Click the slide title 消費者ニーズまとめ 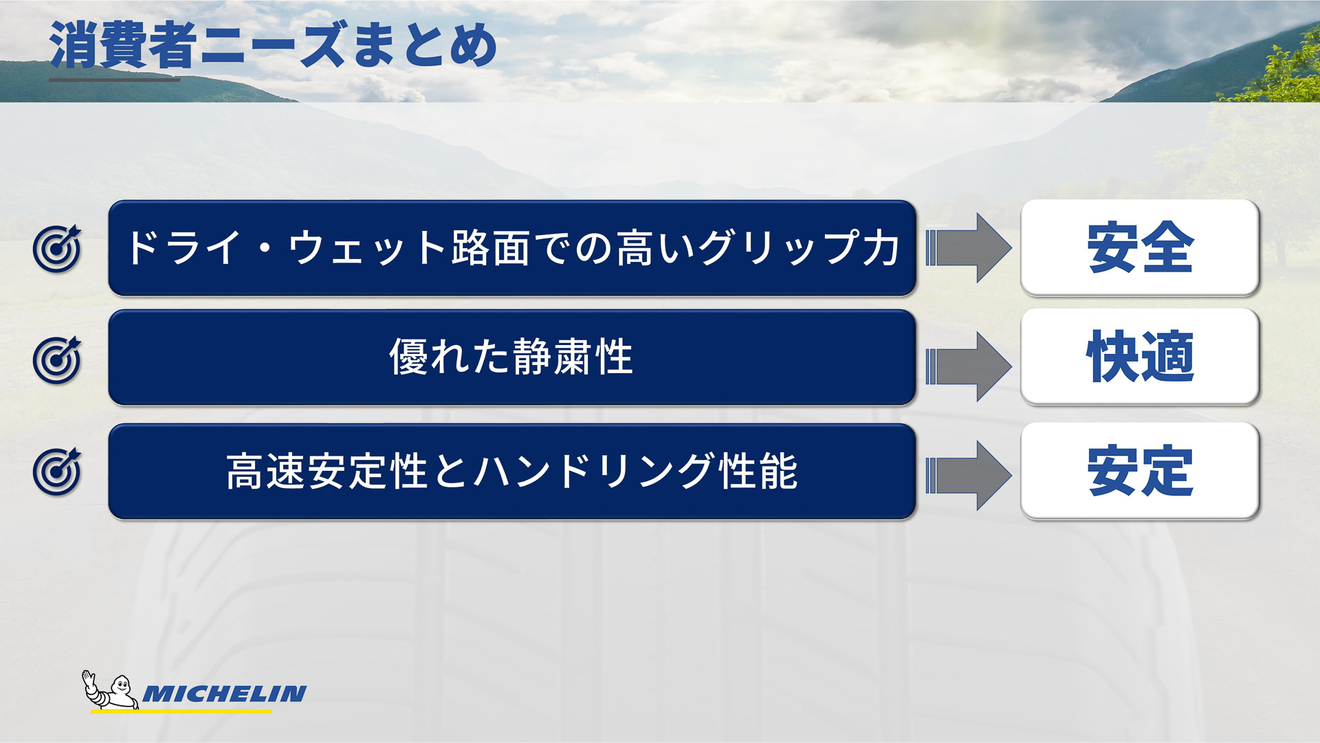273,45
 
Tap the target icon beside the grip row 57,249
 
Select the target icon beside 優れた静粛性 57,360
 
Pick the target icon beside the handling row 57,472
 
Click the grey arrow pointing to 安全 969,248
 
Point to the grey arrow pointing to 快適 969,366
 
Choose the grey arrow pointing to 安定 969,476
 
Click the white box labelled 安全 1139,247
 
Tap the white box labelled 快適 1139,357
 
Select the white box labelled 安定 1139,471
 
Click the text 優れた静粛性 511,357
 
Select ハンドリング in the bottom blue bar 595,472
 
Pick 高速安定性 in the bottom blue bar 327,472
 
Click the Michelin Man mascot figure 110,691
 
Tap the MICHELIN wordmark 224,694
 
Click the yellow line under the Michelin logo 181,711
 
